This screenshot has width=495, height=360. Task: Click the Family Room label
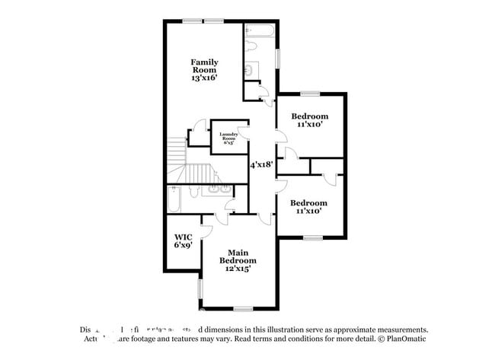pyautogui.click(x=204, y=65)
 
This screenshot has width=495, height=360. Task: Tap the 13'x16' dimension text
pyautogui.click(x=204, y=78)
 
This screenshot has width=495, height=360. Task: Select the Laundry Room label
pyautogui.click(x=229, y=136)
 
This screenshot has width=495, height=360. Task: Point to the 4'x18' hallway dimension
pyautogui.click(x=260, y=164)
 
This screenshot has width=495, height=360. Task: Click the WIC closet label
pyautogui.click(x=183, y=237)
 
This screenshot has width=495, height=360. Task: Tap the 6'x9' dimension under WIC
pyautogui.click(x=183, y=245)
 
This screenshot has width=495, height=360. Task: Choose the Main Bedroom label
pyautogui.click(x=238, y=256)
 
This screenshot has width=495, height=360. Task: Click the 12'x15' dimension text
pyautogui.click(x=238, y=269)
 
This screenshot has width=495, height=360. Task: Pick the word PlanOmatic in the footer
pyautogui.click(x=407, y=338)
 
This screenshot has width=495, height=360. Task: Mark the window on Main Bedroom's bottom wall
pyautogui.click(x=243, y=308)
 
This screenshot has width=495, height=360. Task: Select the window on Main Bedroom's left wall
pyautogui.click(x=200, y=289)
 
